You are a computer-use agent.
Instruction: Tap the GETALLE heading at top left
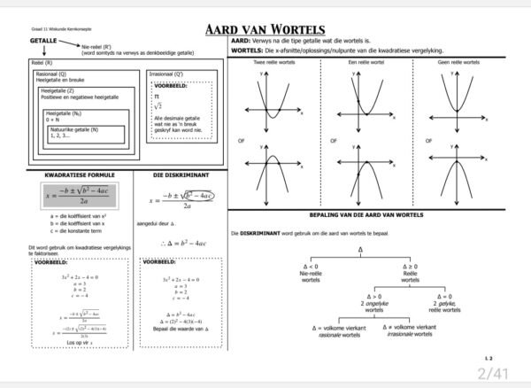click(43, 42)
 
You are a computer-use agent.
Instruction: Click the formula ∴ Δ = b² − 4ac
click(183, 243)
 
